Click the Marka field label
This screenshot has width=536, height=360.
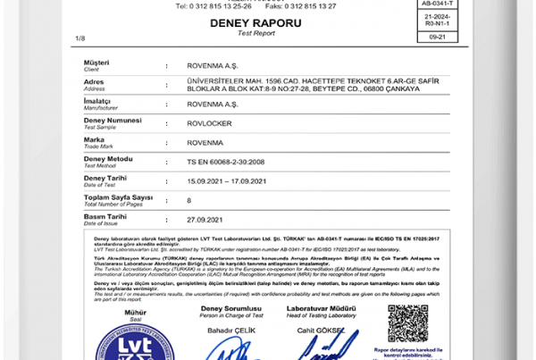[x=95, y=138]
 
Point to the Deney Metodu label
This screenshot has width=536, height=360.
[x=108, y=158]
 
